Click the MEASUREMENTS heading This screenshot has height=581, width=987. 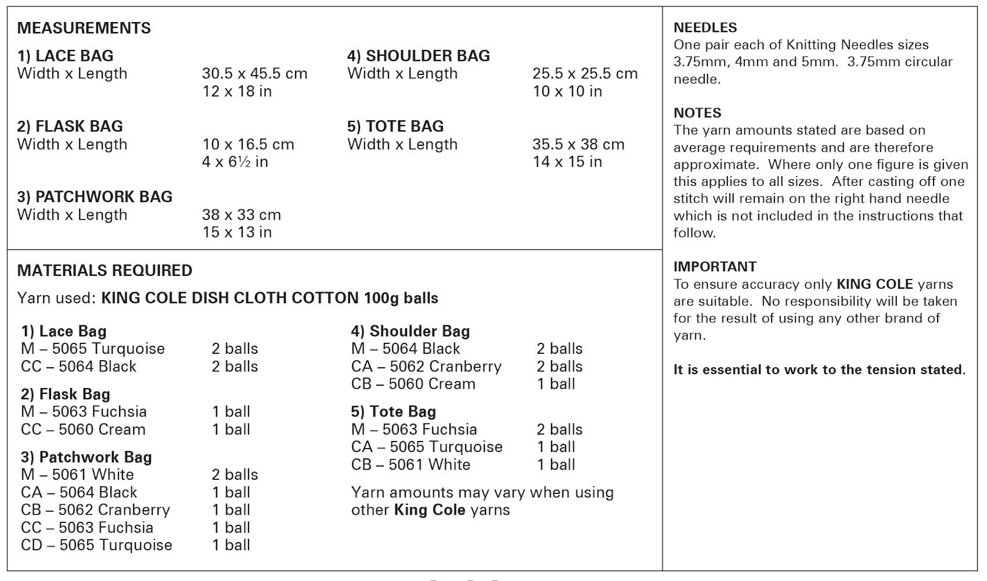[84, 28]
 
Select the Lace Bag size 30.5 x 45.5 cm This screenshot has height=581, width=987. [254, 74]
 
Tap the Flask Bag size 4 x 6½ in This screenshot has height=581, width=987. [235, 162]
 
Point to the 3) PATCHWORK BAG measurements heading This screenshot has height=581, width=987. [95, 196]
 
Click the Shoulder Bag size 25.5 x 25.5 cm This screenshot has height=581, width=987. [585, 74]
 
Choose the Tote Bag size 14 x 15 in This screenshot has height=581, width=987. [567, 162]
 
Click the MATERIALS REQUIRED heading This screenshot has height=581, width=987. [105, 270]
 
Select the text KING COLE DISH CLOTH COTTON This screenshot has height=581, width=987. [230, 298]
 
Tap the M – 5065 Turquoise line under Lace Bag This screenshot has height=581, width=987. [93, 349]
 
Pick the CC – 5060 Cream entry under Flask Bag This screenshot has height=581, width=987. [83, 429]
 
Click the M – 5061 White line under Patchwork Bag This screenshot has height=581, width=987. [77, 475]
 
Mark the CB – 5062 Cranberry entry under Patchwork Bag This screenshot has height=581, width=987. [95, 510]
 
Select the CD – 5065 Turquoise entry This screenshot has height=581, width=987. [96, 545]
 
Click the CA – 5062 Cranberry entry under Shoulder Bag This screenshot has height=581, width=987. [426, 366]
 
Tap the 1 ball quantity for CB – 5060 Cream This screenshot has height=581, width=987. [556, 383]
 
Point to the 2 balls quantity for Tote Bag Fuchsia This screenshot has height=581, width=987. [559, 429]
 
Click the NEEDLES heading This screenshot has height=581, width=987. [705, 27]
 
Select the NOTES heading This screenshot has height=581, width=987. [697, 113]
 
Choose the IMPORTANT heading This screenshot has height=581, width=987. [715, 267]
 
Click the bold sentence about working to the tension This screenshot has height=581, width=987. [819, 370]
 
